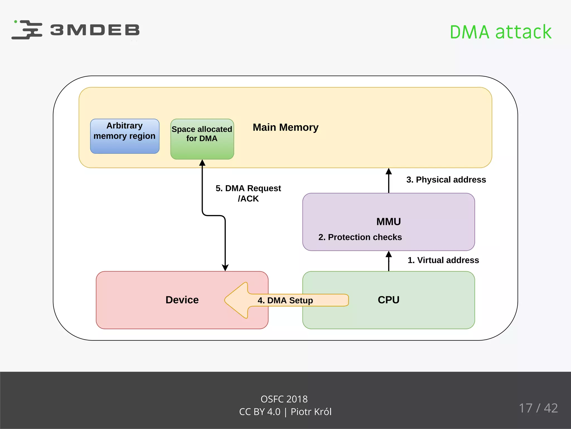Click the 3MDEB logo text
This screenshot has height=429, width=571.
pyautogui.click(x=95, y=30)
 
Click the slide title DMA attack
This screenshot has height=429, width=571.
pyautogui.click(x=500, y=32)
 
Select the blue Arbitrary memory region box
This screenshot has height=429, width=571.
pyautogui.click(x=125, y=136)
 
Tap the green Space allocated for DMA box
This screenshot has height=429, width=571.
pyautogui.click(x=202, y=139)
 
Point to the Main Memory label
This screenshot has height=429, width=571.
pyautogui.click(x=285, y=127)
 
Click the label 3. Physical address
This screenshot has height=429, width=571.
pyautogui.click(x=446, y=180)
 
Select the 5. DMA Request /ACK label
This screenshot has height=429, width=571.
pyautogui.click(x=248, y=193)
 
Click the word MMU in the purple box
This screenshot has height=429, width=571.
pyautogui.click(x=388, y=221)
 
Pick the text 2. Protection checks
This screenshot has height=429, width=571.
pyautogui.click(x=360, y=237)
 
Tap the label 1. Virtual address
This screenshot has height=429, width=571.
pyautogui.click(x=443, y=260)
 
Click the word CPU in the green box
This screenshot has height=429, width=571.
pyautogui.click(x=388, y=300)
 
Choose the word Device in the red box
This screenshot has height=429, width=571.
pyautogui.click(x=182, y=300)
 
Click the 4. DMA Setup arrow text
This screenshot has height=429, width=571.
pyautogui.click(x=285, y=300)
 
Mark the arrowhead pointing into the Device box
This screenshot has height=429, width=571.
pyautogui.click(x=225, y=268)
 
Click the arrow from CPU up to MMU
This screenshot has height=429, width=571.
pyautogui.click(x=389, y=261)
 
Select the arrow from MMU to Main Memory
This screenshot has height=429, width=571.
pyautogui.click(x=389, y=180)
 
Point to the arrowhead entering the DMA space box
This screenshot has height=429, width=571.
pyautogui.click(x=202, y=163)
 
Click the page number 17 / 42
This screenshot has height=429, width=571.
pyautogui.click(x=538, y=408)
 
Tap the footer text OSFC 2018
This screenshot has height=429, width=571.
pyautogui.click(x=284, y=399)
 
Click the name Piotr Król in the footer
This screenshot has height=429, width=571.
pyautogui.click(x=311, y=412)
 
